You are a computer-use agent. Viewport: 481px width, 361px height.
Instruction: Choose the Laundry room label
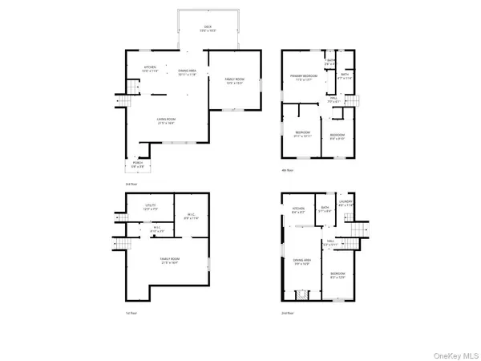[346, 203]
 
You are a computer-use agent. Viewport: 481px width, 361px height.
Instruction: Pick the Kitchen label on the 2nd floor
[298, 210]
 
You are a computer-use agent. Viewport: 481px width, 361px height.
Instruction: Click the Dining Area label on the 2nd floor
[301, 262]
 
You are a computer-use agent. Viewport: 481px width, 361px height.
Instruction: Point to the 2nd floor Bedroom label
[338, 275]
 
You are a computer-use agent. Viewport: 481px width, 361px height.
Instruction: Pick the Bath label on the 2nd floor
[325, 209]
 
